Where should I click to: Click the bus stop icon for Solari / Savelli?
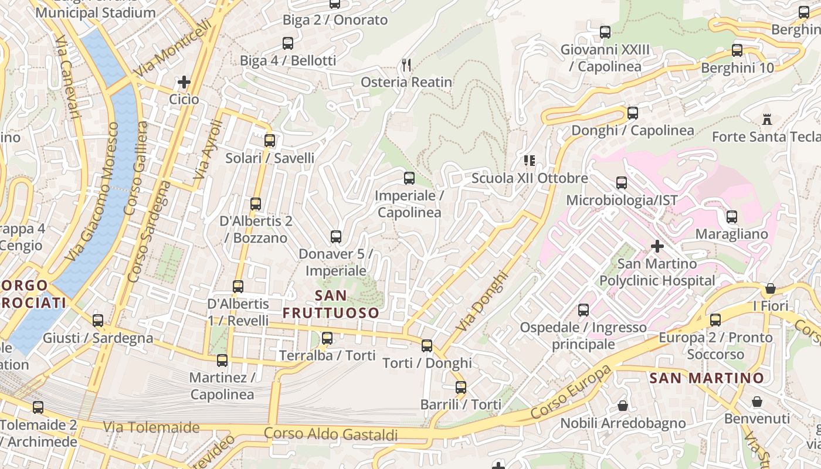pyautogui.click(x=270, y=141)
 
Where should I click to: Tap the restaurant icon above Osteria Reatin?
pyautogui.click(x=406, y=64)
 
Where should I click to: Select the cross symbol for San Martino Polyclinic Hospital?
pyautogui.click(x=657, y=246)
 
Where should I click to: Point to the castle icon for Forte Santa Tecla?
pyautogui.click(x=766, y=120)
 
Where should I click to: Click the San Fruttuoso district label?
pyautogui.click(x=331, y=304)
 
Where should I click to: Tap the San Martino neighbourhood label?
pyautogui.click(x=707, y=378)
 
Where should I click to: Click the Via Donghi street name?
pyautogui.click(x=481, y=300)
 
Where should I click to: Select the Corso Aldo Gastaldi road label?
pyautogui.click(x=331, y=434)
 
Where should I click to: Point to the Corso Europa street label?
pyautogui.click(x=571, y=392)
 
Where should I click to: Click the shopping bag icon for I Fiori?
pyautogui.click(x=771, y=288)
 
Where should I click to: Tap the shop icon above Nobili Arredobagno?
pyautogui.click(x=623, y=406)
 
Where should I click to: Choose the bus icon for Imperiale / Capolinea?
pyautogui.click(x=409, y=178)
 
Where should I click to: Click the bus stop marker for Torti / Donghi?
pyautogui.click(x=427, y=346)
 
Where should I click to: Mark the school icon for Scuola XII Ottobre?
pyautogui.click(x=530, y=161)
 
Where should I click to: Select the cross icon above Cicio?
pyautogui.click(x=184, y=82)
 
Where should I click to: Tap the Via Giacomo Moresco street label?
pyautogui.click(x=93, y=192)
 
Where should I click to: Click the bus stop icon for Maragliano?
pyautogui.click(x=732, y=217)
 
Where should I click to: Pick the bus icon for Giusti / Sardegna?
pyautogui.click(x=98, y=321)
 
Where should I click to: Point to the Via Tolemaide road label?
pyautogui.click(x=151, y=427)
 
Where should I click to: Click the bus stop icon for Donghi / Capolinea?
pyautogui.click(x=633, y=113)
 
